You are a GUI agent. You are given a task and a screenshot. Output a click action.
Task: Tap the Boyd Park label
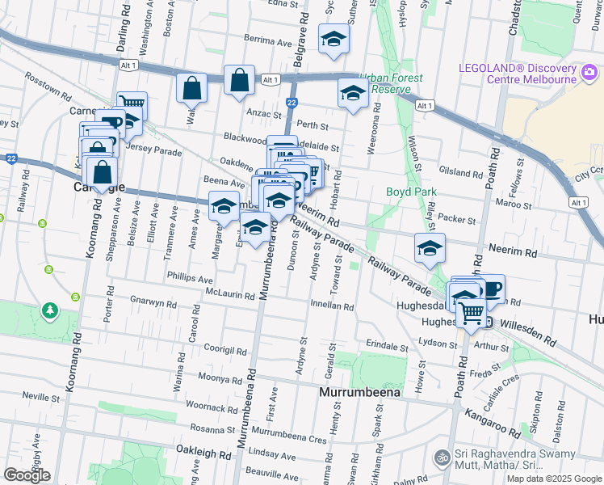tap(410, 192)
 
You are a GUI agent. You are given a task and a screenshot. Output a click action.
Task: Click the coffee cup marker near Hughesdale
tap(490, 289)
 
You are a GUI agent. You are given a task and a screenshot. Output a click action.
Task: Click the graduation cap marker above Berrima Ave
tap(333, 39)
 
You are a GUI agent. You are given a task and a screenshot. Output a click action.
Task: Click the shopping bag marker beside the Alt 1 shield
tap(240, 80)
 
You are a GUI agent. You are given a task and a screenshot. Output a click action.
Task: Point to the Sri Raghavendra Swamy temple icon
tap(442, 458)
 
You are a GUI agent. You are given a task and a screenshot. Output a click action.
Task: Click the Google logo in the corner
tap(26, 474)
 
